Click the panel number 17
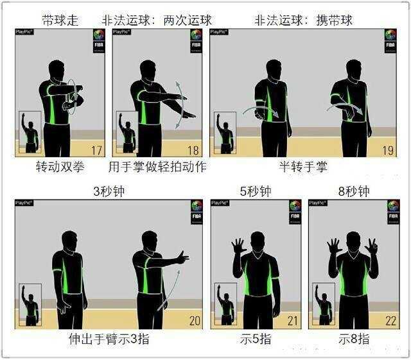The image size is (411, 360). (97, 151)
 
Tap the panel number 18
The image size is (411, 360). (193, 151)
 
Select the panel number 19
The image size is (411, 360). (388, 151)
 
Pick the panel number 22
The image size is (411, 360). (390, 321)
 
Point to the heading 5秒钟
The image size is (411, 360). (256, 191)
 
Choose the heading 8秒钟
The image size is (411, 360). (354, 191)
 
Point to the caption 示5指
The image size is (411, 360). (256, 339)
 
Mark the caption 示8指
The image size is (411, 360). (354, 339)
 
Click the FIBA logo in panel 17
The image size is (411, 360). (98, 40)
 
